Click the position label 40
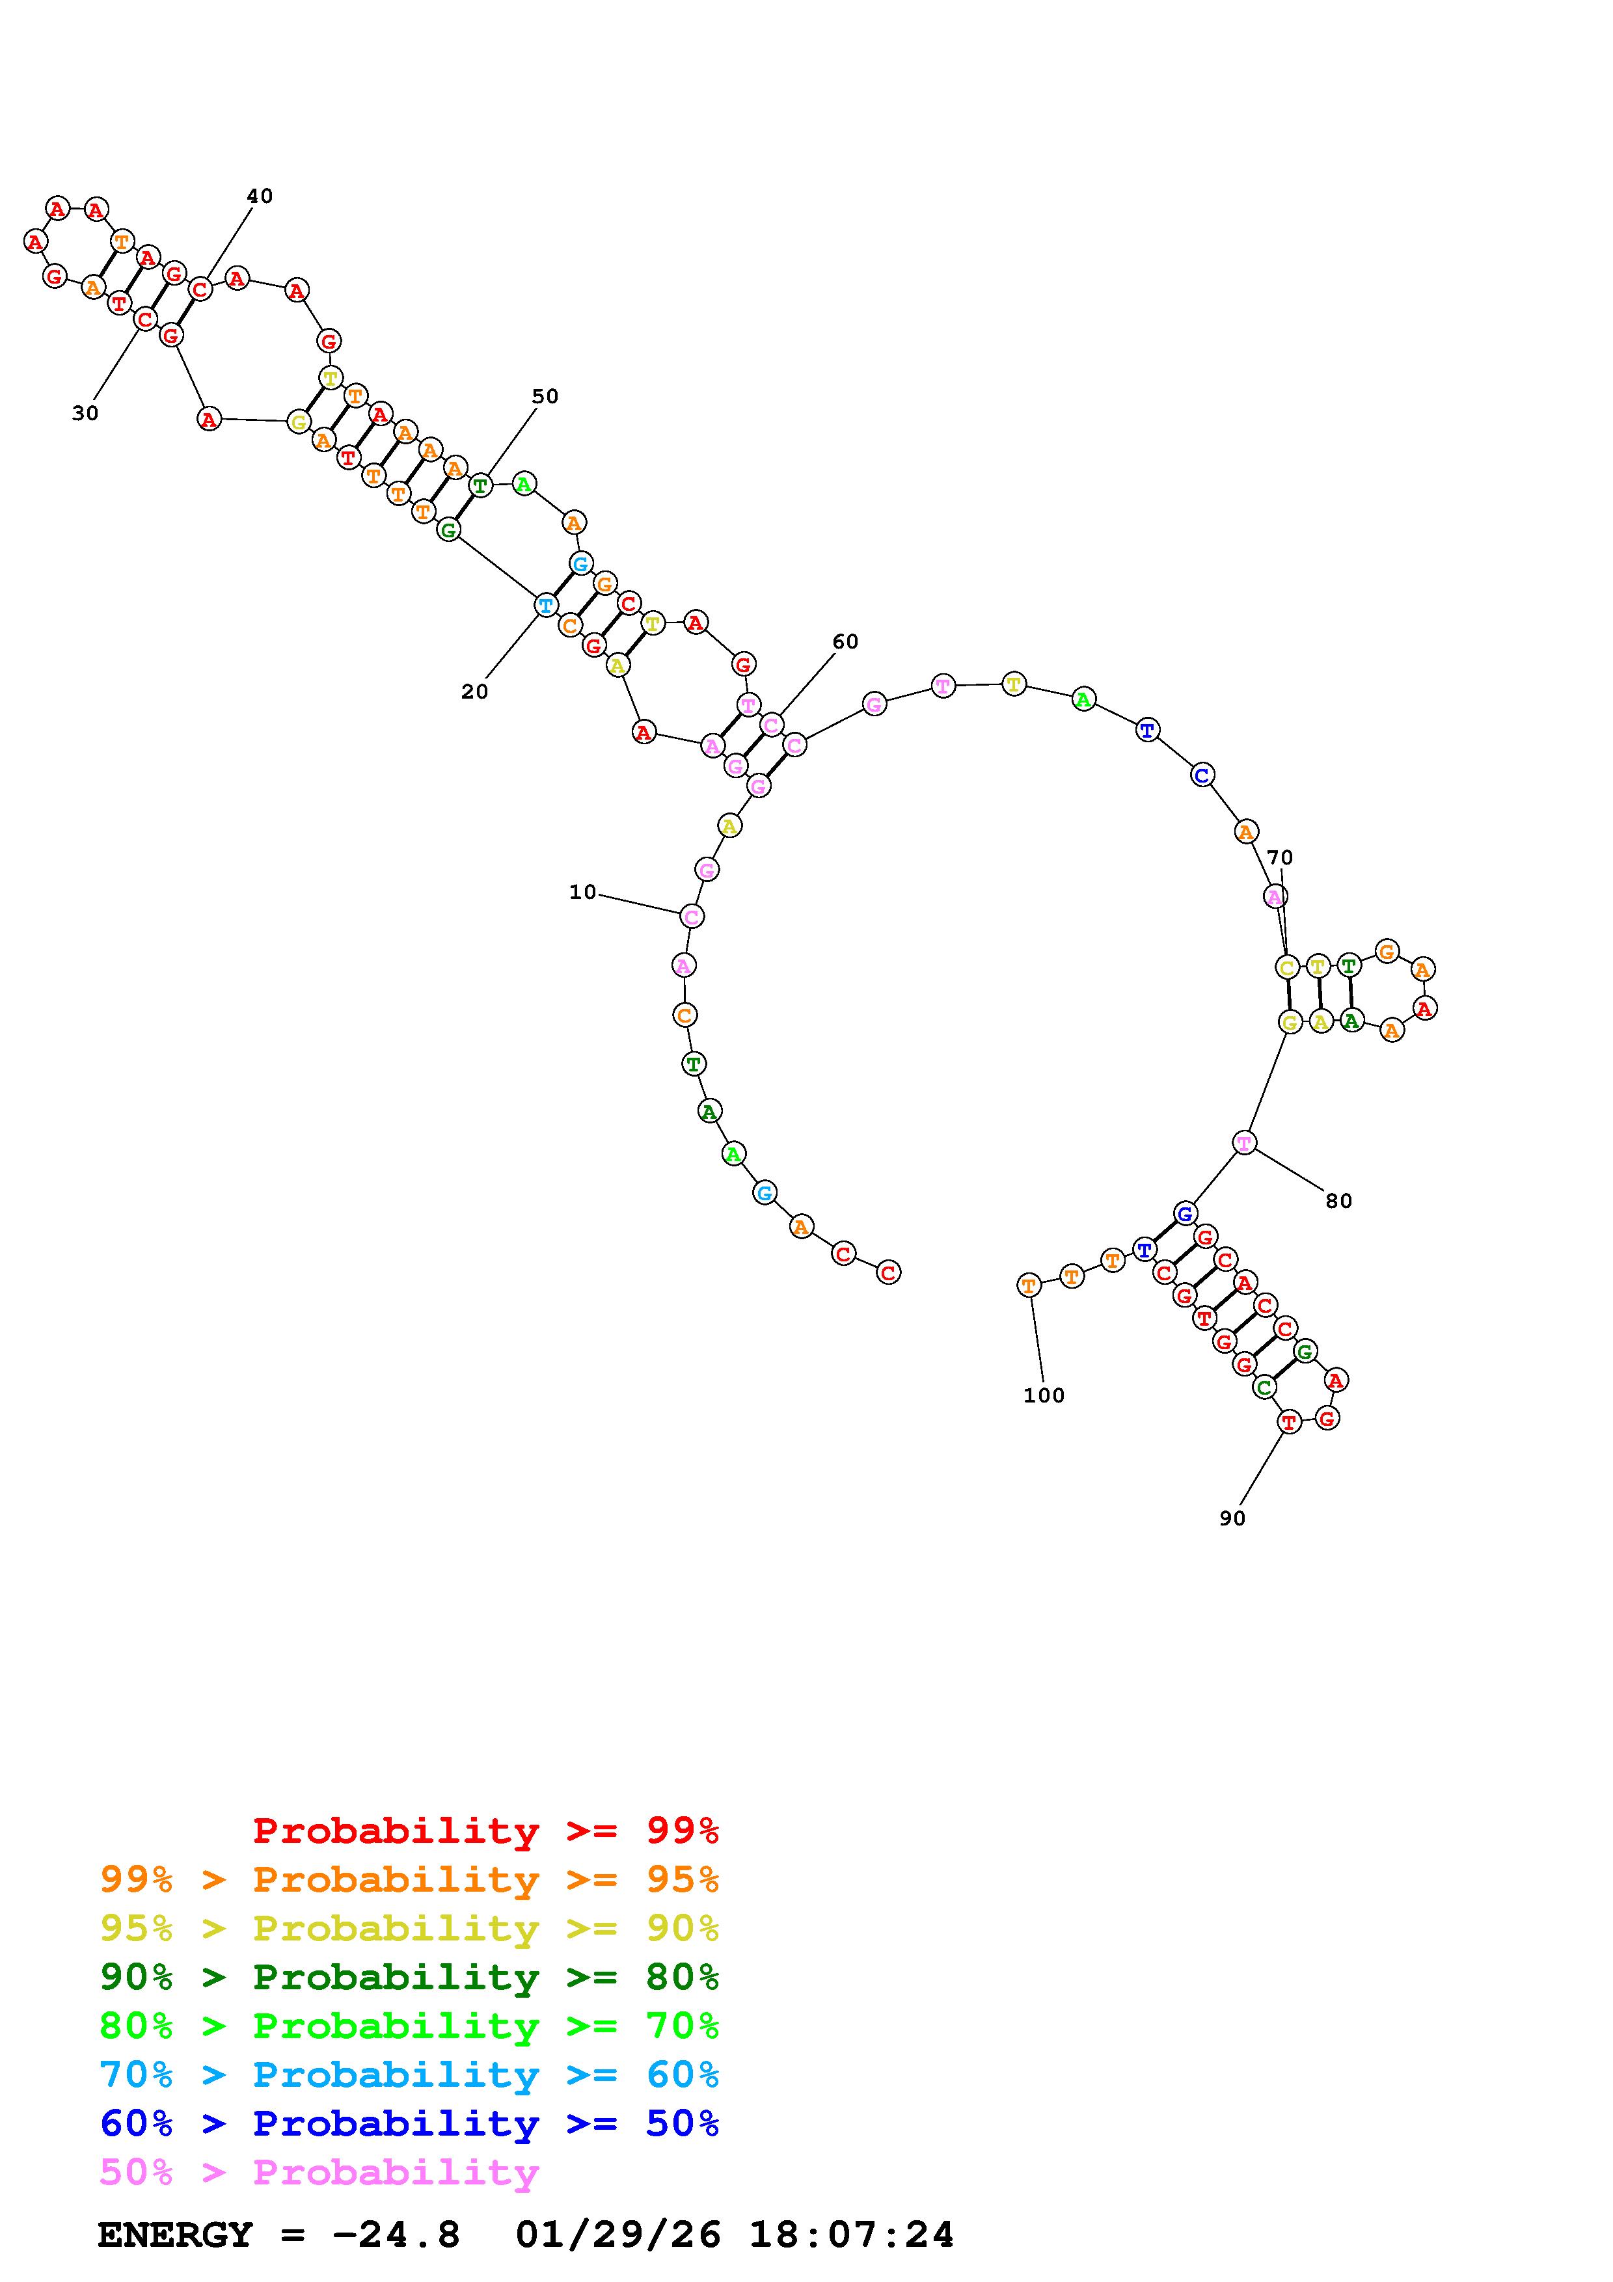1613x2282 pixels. [x=260, y=196]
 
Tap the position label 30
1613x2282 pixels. [x=85, y=414]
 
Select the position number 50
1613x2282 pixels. [x=545, y=397]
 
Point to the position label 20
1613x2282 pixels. [x=475, y=691]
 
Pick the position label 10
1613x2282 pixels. [x=582, y=893]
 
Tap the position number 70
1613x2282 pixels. [x=1280, y=858]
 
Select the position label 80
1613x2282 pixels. [x=1338, y=1201]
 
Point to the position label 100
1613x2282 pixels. [x=1044, y=1395]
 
